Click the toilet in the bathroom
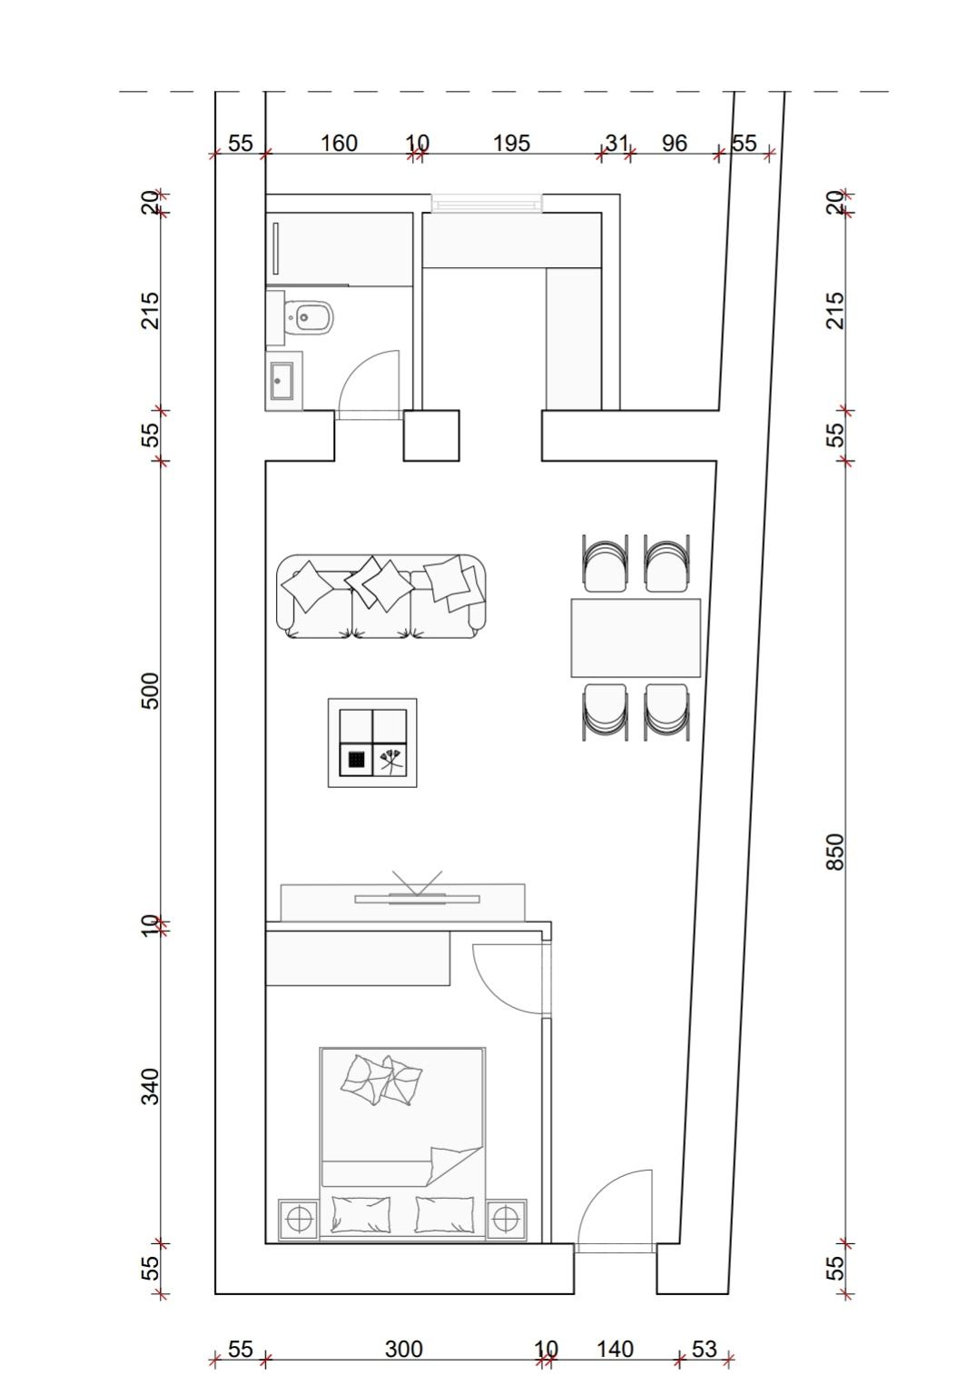308,318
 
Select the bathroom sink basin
282,381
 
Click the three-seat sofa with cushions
381,596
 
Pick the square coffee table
372,743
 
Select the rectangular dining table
636,637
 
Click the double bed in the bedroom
402,1142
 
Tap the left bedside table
298,1219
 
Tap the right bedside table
507,1219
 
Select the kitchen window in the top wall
487,204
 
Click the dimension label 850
836,852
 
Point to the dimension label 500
151,691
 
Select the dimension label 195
511,144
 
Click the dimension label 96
674,144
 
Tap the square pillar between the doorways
431,435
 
